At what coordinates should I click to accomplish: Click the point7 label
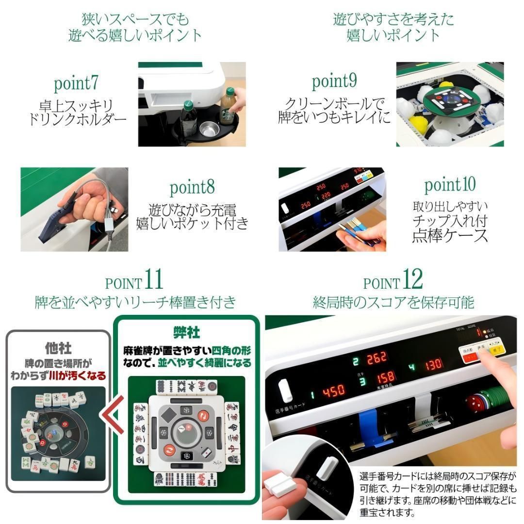point(76,83)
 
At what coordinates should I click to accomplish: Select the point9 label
point(334,82)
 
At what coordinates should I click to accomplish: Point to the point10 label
point(450,185)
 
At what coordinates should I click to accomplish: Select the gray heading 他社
point(58,348)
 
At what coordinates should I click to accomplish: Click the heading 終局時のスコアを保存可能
point(393,302)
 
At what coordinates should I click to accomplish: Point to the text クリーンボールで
point(334,104)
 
